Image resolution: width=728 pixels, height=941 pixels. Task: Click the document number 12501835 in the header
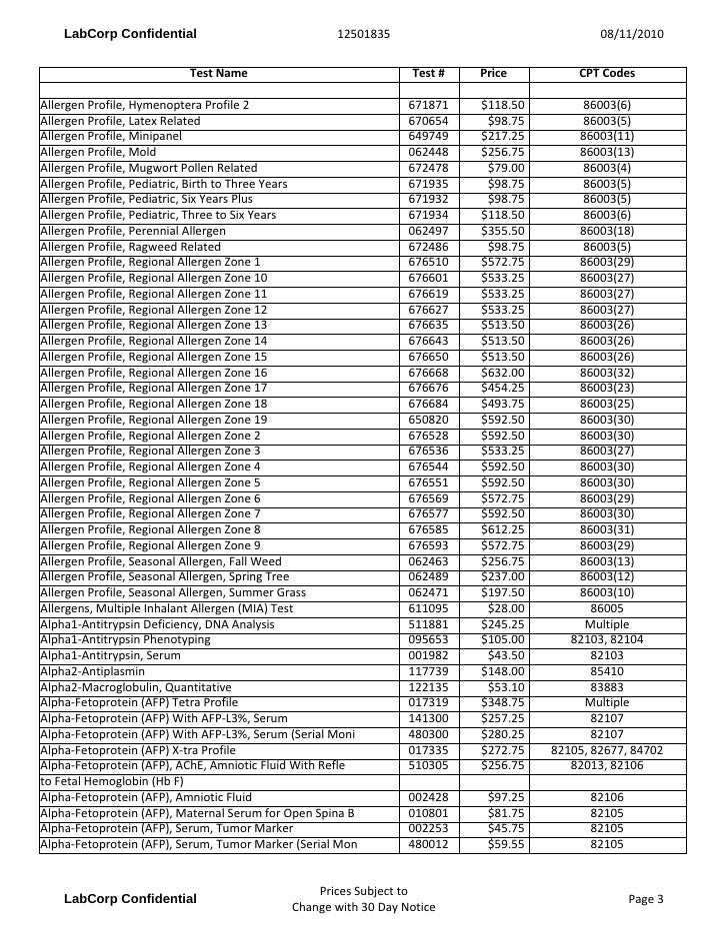363,35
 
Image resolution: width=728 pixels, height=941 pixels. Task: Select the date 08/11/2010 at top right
631,35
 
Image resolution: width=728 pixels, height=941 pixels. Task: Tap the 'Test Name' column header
218,74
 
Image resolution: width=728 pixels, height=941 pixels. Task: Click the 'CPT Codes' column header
607,74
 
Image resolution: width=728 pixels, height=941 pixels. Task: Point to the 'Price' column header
493,74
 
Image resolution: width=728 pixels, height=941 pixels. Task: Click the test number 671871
429,105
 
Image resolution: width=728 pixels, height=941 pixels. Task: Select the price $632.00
503,373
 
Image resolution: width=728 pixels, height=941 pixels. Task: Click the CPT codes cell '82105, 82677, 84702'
607,750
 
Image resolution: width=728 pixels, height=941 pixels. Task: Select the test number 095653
429,639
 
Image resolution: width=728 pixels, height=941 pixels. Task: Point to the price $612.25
503,529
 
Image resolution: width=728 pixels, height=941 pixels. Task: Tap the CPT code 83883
607,687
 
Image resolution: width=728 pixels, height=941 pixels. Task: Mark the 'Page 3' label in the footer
646,899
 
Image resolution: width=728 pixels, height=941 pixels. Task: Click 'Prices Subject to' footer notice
363,891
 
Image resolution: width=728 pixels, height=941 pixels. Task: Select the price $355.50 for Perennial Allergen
503,231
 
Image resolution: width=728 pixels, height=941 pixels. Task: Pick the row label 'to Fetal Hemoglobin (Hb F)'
111,781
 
